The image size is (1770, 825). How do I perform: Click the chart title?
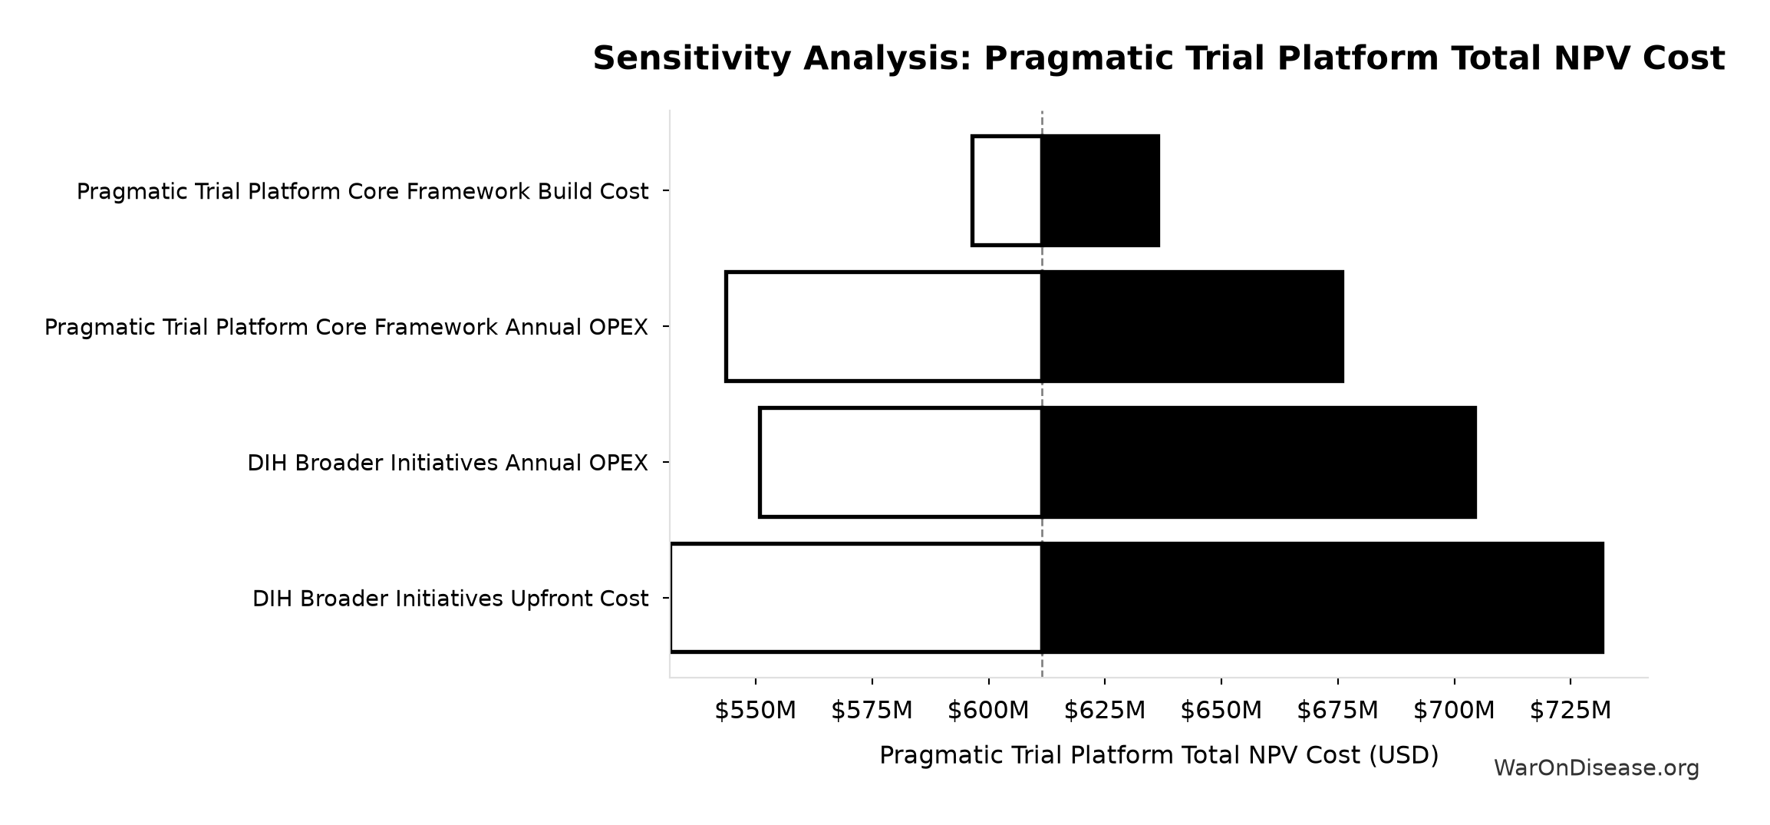point(1159,59)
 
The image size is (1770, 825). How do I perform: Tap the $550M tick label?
point(756,711)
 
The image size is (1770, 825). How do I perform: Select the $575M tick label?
point(872,711)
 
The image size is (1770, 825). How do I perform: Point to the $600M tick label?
point(988,711)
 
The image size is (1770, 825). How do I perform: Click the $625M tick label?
point(1105,711)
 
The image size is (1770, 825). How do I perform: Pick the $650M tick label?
point(1221,711)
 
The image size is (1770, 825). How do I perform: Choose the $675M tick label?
point(1338,711)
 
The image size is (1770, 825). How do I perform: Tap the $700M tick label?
point(1454,711)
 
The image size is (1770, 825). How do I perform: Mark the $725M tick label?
point(1571,711)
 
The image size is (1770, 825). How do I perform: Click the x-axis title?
point(1159,756)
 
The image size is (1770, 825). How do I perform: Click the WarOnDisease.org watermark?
point(1597,768)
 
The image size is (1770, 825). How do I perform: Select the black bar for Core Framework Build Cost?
point(1100,191)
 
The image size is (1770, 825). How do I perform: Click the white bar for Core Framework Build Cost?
point(1007,191)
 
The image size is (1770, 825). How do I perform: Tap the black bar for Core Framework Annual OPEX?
point(1192,326)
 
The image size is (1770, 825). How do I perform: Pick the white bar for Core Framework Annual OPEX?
point(884,326)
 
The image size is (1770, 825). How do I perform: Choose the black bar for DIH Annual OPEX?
point(1259,462)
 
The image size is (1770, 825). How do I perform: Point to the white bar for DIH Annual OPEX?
point(901,462)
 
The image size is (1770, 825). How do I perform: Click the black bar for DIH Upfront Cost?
point(1323,598)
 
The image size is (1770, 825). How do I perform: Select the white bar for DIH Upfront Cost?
point(856,598)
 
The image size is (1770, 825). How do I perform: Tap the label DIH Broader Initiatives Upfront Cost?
point(450,599)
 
